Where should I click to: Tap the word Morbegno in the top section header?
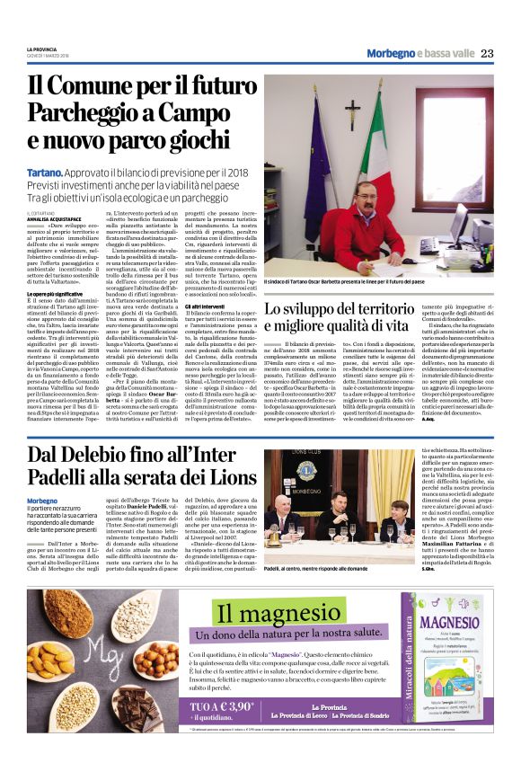(392, 53)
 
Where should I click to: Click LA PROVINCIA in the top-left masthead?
(40, 49)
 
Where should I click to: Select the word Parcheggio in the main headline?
(84, 113)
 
